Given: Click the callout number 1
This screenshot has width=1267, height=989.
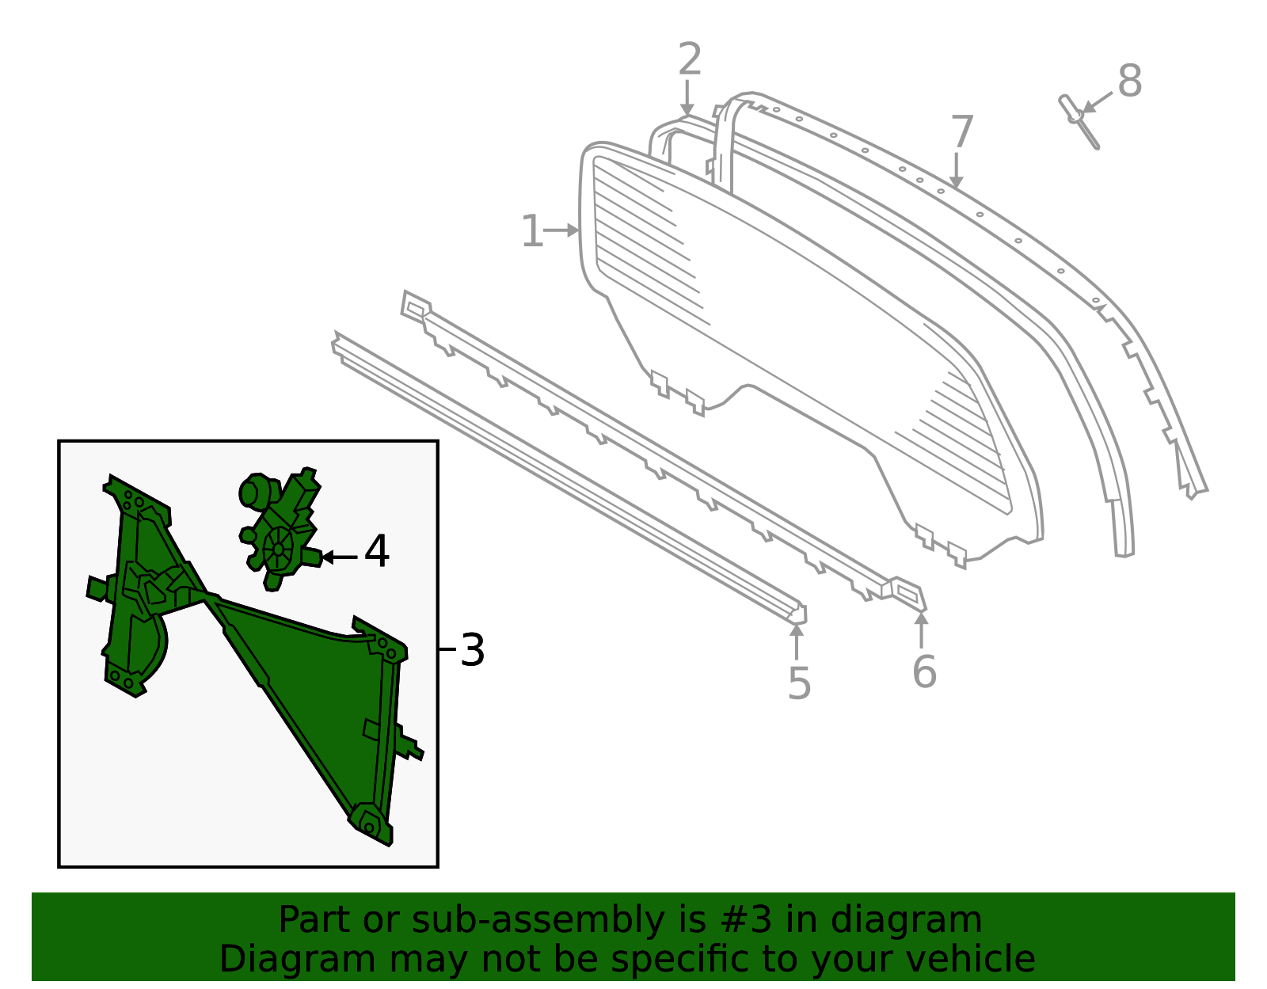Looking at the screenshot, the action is tap(532, 231).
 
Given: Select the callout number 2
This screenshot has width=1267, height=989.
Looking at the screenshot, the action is tap(690, 59).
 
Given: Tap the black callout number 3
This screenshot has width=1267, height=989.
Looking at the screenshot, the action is tap(472, 650).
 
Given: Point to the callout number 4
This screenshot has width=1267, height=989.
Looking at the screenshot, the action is tap(377, 551).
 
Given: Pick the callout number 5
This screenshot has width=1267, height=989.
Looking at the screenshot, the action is tap(799, 683).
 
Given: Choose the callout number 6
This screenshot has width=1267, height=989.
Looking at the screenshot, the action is tap(924, 671).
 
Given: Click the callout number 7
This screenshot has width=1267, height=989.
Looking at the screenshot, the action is tap(962, 131).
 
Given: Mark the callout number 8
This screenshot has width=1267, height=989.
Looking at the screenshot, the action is tap(1129, 81).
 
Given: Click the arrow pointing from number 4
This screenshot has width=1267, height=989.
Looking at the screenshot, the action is tap(340, 557).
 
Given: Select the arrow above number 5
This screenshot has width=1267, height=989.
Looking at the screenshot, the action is tap(797, 641).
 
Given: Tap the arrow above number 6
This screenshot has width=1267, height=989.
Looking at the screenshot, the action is tap(921, 630).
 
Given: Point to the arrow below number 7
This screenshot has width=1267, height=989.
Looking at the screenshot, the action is tap(956, 171).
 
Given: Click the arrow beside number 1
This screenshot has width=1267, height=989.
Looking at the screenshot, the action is tap(561, 230).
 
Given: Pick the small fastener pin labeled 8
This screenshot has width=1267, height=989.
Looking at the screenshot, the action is tap(1079, 121).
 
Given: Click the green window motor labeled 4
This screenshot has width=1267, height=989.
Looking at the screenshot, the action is tap(280, 528).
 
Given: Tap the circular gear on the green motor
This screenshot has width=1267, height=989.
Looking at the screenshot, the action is tap(278, 549).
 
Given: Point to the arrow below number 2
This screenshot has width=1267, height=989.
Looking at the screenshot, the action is tap(687, 98).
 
